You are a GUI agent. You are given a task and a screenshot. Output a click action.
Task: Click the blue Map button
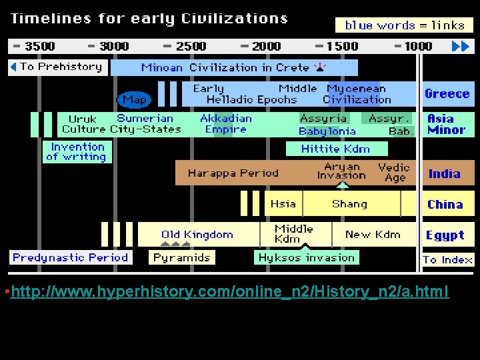tap(135, 99)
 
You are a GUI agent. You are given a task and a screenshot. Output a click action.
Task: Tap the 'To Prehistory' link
tap(57, 67)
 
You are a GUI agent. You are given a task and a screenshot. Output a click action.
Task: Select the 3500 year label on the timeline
tap(35, 46)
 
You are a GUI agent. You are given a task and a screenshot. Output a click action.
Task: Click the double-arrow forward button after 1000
tap(461, 46)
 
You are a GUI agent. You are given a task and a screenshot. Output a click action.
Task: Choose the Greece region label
tap(447, 94)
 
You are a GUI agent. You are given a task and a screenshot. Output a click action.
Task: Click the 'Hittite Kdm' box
tap(335, 149)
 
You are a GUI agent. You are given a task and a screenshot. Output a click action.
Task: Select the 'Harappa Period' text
tap(233, 173)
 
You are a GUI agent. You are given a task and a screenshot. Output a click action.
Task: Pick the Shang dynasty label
tap(349, 204)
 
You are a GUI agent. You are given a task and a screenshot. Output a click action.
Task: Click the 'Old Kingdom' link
tap(197, 235)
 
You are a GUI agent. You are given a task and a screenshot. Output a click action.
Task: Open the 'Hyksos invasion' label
tap(307, 257)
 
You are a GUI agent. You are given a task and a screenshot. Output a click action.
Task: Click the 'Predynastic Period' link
tap(70, 257)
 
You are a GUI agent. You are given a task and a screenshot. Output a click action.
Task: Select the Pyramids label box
tap(182, 257)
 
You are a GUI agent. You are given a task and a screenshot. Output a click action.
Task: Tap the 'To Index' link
tap(447, 259)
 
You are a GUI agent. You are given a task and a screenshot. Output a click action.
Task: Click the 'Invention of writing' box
tap(78, 152)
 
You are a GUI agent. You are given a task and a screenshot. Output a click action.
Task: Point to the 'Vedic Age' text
tap(393, 173)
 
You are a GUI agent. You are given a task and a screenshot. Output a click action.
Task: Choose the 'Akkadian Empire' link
tap(226, 124)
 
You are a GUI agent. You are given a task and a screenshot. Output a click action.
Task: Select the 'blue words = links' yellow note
tap(404, 25)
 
